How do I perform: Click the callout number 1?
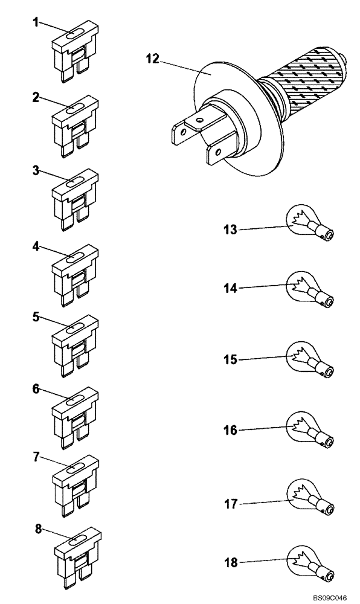[36, 22]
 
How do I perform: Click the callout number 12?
[153, 59]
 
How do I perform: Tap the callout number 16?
[230, 430]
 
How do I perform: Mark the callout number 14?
[230, 289]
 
